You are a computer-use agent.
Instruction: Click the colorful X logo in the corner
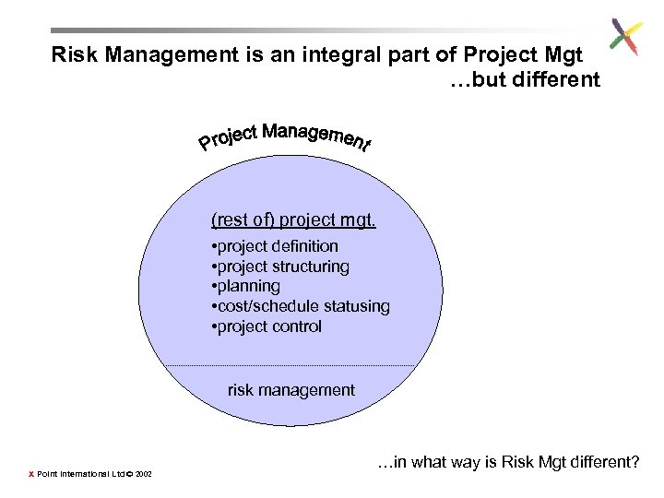click(625, 38)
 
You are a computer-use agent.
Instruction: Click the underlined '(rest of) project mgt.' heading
click(293, 220)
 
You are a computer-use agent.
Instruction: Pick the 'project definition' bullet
click(275, 246)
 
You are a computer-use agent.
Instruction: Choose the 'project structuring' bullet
click(280, 267)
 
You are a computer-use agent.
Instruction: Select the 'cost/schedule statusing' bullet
click(300, 306)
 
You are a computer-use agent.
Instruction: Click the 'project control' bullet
click(267, 326)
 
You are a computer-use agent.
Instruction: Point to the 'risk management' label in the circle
click(290, 390)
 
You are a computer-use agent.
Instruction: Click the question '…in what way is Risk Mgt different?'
click(508, 462)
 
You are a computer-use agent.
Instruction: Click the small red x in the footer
click(30, 475)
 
